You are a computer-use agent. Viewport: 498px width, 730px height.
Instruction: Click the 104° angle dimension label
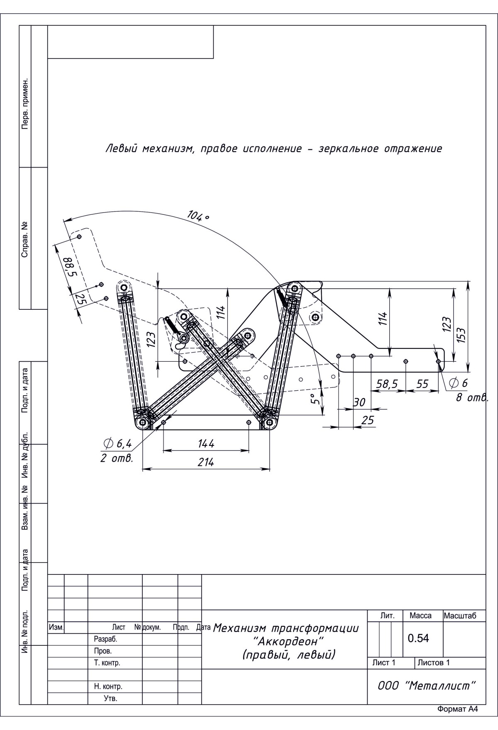click(198, 216)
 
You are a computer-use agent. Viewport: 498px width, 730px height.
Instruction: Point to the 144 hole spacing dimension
click(206, 443)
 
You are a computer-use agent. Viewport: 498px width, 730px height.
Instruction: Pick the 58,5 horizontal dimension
click(386, 384)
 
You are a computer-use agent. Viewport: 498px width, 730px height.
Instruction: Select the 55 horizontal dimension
click(422, 384)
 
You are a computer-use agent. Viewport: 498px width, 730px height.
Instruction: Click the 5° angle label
click(316, 399)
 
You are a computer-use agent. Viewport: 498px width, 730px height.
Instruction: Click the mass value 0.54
click(418, 638)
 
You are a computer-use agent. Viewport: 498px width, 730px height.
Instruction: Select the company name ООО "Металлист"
click(427, 686)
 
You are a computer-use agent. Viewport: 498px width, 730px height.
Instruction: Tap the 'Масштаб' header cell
click(460, 616)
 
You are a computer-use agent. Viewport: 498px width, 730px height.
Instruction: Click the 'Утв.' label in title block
click(111, 698)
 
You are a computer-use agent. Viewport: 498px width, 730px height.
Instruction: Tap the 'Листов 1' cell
click(434, 662)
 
